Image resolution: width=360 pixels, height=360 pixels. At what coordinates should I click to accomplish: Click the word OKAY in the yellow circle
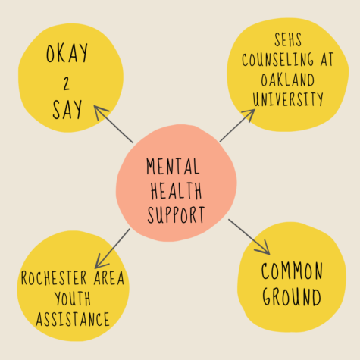67,53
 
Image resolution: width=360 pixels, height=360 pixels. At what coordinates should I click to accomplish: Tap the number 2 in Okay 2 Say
67,83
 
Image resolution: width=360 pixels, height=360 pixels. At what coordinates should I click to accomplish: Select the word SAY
67,109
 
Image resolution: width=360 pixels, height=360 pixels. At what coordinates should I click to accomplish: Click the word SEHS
288,39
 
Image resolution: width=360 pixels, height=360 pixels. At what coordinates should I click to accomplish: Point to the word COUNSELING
277,60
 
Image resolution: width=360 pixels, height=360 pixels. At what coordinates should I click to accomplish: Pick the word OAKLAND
288,80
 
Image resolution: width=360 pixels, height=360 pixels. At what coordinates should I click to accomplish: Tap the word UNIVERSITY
288,99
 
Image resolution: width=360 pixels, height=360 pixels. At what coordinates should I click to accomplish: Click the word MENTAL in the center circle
173,166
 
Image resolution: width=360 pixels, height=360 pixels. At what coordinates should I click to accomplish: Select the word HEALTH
177,190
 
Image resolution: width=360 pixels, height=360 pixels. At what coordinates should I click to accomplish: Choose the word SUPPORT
176,214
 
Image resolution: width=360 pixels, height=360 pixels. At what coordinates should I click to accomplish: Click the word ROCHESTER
54,278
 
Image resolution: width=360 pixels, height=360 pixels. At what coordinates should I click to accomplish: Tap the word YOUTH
73,299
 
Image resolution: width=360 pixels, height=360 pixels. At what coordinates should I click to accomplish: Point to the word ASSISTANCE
73,319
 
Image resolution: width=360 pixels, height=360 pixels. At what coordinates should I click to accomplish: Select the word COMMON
292,271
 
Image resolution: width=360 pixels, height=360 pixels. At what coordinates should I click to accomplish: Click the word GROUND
292,297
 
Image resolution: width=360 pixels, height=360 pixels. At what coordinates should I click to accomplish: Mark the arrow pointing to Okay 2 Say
114,124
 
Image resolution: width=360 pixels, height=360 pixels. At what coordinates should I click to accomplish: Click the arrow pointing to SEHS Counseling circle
237,125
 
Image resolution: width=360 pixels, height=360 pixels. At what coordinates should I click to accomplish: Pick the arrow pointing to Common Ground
249,237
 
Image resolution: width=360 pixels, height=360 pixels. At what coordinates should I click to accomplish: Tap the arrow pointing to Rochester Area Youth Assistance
112,249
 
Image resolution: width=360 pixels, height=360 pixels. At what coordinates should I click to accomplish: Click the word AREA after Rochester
109,278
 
